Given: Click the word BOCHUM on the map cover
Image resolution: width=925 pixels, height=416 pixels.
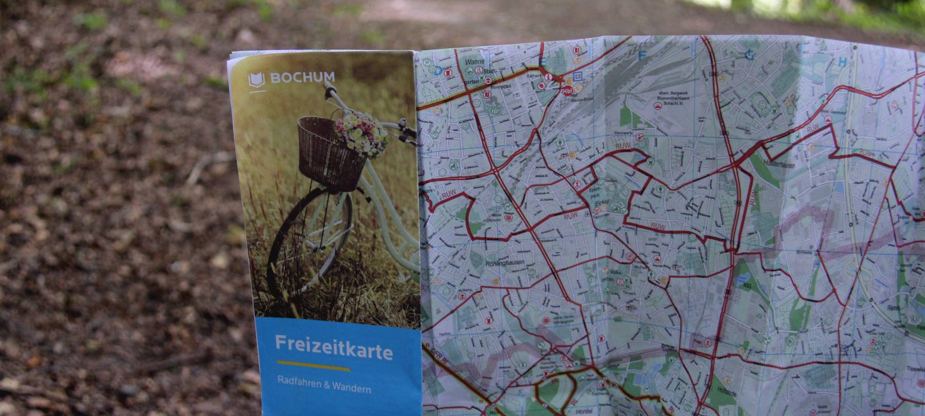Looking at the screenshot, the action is point(302,78).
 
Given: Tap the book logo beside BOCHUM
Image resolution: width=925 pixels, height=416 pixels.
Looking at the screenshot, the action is point(256,80).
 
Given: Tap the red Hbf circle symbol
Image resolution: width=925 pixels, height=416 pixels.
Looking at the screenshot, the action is point(567,91).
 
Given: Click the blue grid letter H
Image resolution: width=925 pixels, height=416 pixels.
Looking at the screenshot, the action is point(842,62).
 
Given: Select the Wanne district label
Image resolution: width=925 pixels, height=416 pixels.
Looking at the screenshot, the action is point(474,62).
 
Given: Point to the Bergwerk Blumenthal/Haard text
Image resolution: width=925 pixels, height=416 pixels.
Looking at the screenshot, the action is point(674,98).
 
